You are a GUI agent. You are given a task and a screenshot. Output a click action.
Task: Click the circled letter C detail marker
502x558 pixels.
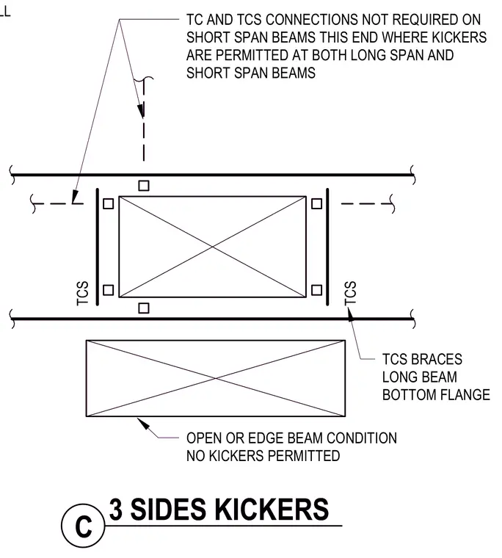pyautogui.click(x=83, y=526)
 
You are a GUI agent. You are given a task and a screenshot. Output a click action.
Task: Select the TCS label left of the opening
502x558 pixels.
pyautogui.click(x=82, y=293)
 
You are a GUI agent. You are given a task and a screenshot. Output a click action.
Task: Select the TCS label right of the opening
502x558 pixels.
pyautogui.click(x=350, y=293)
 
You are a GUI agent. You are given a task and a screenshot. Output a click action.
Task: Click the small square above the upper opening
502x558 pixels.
pyautogui.click(x=144, y=186)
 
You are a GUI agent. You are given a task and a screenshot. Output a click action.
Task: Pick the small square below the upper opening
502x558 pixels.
pyautogui.click(x=144, y=308)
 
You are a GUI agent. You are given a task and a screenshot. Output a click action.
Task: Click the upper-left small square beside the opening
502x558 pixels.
pyautogui.click(x=108, y=203)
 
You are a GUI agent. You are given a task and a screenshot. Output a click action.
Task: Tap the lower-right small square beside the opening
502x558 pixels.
pyautogui.click(x=316, y=290)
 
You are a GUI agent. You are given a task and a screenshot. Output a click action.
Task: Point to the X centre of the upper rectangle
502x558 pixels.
pyautogui.click(x=212, y=247)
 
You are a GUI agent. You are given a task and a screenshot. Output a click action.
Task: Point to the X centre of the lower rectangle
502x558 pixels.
pyautogui.click(x=216, y=378)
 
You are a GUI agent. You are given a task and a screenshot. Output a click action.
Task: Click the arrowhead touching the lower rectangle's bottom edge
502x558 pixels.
pyautogui.click(x=143, y=424)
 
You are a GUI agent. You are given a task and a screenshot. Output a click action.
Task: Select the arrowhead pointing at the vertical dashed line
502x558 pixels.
pyautogui.click(x=141, y=110)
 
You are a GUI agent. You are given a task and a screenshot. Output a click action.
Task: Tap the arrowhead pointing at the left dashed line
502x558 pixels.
pyautogui.click(x=75, y=197)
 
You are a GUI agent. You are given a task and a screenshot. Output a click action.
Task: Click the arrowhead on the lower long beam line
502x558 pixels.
pyautogui.click(x=351, y=314)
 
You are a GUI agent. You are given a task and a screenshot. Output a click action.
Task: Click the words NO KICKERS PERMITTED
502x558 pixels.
pyautogui.click(x=263, y=456)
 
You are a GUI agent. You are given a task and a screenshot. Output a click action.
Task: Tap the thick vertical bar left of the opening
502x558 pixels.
pyautogui.click(x=98, y=247)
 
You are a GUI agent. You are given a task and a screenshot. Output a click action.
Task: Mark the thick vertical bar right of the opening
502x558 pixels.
pyautogui.click(x=327, y=247)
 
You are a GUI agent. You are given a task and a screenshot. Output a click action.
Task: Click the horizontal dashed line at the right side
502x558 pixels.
pyautogui.click(x=366, y=203)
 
